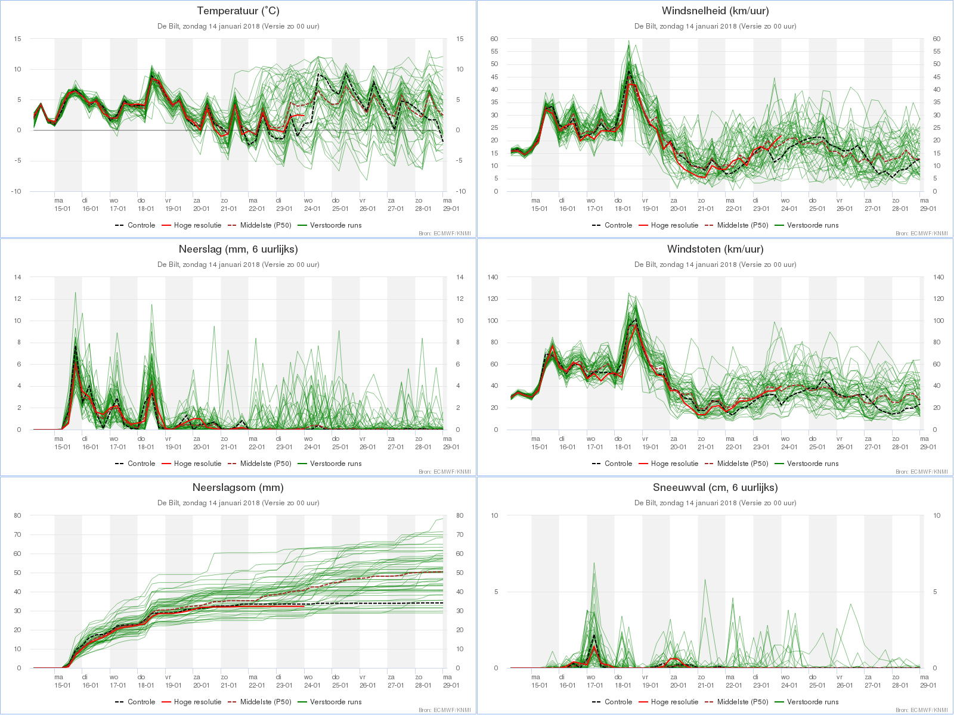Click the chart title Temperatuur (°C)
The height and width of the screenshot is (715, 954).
coord(238,11)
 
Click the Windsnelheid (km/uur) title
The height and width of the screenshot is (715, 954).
coord(715,11)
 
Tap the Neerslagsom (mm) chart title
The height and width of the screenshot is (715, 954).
coord(238,487)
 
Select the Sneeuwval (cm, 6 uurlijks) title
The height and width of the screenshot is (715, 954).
coord(715,487)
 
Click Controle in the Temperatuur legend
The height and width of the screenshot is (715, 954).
coord(141,225)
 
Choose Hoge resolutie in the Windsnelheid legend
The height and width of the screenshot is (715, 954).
coord(674,225)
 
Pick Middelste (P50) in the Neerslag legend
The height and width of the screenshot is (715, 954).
coord(265,464)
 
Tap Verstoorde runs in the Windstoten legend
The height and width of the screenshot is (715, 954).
coord(813,464)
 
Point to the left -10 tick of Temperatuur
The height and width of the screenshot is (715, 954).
coord(16,191)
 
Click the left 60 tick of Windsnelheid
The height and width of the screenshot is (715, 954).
coord(494,39)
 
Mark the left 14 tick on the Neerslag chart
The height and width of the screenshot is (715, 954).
coord(17,277)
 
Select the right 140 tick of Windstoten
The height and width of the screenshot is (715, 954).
coord(938,277)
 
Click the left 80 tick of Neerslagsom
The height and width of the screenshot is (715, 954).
coord(17,515)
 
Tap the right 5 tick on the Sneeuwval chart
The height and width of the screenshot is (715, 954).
coord(935,592)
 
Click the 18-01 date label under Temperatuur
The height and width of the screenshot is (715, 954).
coord(145,209)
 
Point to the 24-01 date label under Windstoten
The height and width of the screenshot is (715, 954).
coord(789,447)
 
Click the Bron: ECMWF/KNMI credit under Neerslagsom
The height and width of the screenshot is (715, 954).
coord(445,710)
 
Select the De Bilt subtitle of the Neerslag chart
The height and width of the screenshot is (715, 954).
coord(238,265)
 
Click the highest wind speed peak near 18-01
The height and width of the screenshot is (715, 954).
coord(628,41)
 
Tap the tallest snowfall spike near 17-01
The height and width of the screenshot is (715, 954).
coord(594,563)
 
